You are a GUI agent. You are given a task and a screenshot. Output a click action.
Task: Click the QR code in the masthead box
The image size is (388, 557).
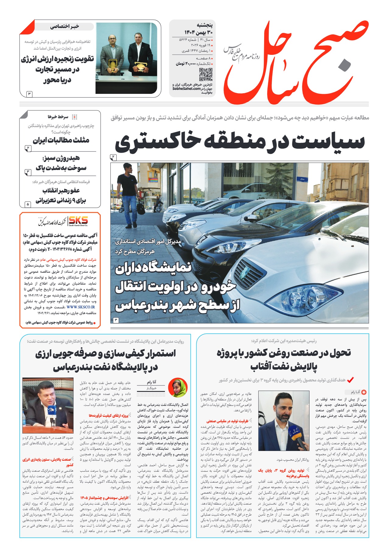click(205, 74)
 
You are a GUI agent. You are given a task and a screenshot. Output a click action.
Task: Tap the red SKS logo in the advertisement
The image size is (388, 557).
click(78, 220)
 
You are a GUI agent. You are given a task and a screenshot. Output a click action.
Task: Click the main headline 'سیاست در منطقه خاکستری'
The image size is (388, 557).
click(239, 142)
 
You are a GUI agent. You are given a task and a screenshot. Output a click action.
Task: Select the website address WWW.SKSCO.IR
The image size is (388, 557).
click(81, 307)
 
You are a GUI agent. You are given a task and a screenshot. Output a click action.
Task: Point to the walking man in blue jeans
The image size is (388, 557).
click(129, 195)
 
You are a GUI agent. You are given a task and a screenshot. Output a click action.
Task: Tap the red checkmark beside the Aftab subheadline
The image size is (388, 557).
click(350, 380)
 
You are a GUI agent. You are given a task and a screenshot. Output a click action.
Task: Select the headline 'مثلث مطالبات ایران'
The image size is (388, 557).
click(61, 140)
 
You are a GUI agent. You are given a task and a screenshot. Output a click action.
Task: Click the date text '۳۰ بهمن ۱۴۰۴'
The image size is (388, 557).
click(198, 32)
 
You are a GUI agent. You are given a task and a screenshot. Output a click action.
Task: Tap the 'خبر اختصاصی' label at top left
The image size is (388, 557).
click(65, 27)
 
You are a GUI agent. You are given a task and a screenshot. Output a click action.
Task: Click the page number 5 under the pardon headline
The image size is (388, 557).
click(28, 204)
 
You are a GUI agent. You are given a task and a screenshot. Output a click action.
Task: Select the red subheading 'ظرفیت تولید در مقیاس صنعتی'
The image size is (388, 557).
click(228, 421)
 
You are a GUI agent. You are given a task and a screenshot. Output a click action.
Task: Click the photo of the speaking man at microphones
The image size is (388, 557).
click(48, 405)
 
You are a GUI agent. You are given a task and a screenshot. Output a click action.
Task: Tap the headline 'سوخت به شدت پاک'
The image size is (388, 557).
click(61, 168)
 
